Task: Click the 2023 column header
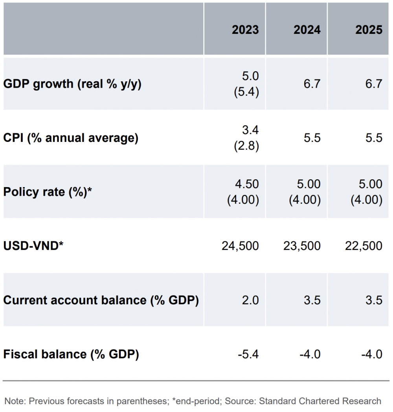245,30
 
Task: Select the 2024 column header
307,30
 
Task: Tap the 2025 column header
369,30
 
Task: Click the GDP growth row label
72,84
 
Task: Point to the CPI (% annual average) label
71,138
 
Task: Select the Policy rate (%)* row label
48,192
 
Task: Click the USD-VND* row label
33,246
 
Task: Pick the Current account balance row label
101,300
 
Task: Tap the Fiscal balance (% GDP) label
71,354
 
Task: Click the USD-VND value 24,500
240,246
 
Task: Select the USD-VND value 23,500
302,246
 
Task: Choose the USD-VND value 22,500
364,246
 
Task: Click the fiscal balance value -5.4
248,354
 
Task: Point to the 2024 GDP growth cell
312,84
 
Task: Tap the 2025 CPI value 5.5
374,138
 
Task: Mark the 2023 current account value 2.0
250,300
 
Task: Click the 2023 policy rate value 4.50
246,184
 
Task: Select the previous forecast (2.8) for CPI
246,146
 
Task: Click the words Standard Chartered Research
320,401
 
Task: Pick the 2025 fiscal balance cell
372,354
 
